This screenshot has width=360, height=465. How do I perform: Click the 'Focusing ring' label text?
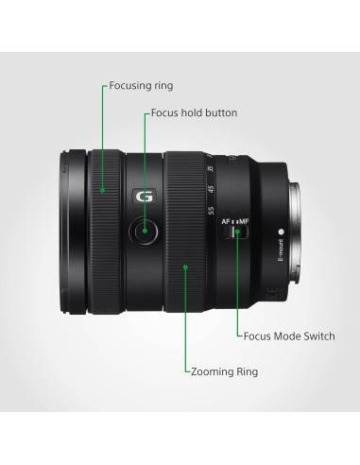[x=141, y=85]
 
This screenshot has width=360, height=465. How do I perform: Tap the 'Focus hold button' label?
[x=194, y=113]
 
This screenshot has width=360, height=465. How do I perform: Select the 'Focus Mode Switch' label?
[x=289, y=336]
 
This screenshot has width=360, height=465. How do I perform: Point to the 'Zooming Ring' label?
[x=223, y=371]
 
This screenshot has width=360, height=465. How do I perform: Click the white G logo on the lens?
[x=144, y=198]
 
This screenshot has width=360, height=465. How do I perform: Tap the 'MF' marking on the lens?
[x=248, y=219]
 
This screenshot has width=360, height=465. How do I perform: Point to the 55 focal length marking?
[x=212, y=209]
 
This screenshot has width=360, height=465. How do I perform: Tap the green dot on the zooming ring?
[x=186, y=267]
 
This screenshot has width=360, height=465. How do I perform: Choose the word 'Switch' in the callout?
[x=317, y=336]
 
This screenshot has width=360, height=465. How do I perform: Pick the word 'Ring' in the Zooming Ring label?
[x=244, y=371]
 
